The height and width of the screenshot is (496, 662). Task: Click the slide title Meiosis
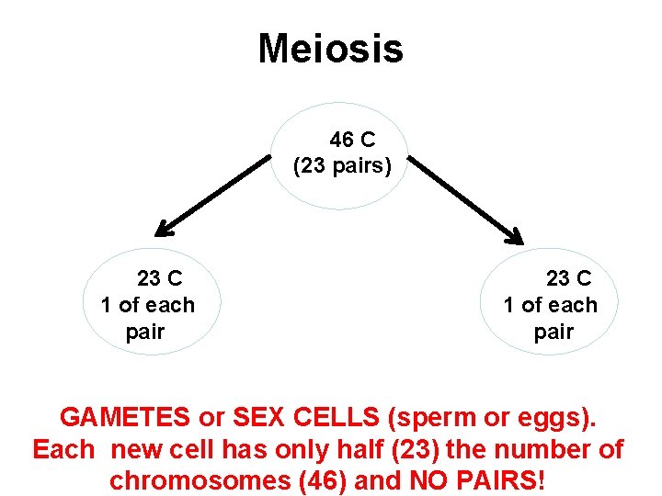330,49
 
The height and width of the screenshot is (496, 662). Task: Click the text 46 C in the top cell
352,141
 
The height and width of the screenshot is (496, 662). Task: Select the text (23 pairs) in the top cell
342,167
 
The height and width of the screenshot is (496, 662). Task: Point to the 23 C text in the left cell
159,278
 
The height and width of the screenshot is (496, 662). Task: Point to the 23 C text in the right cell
568,278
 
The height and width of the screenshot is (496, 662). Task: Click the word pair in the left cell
145,332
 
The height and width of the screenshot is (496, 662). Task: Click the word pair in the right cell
554,332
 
